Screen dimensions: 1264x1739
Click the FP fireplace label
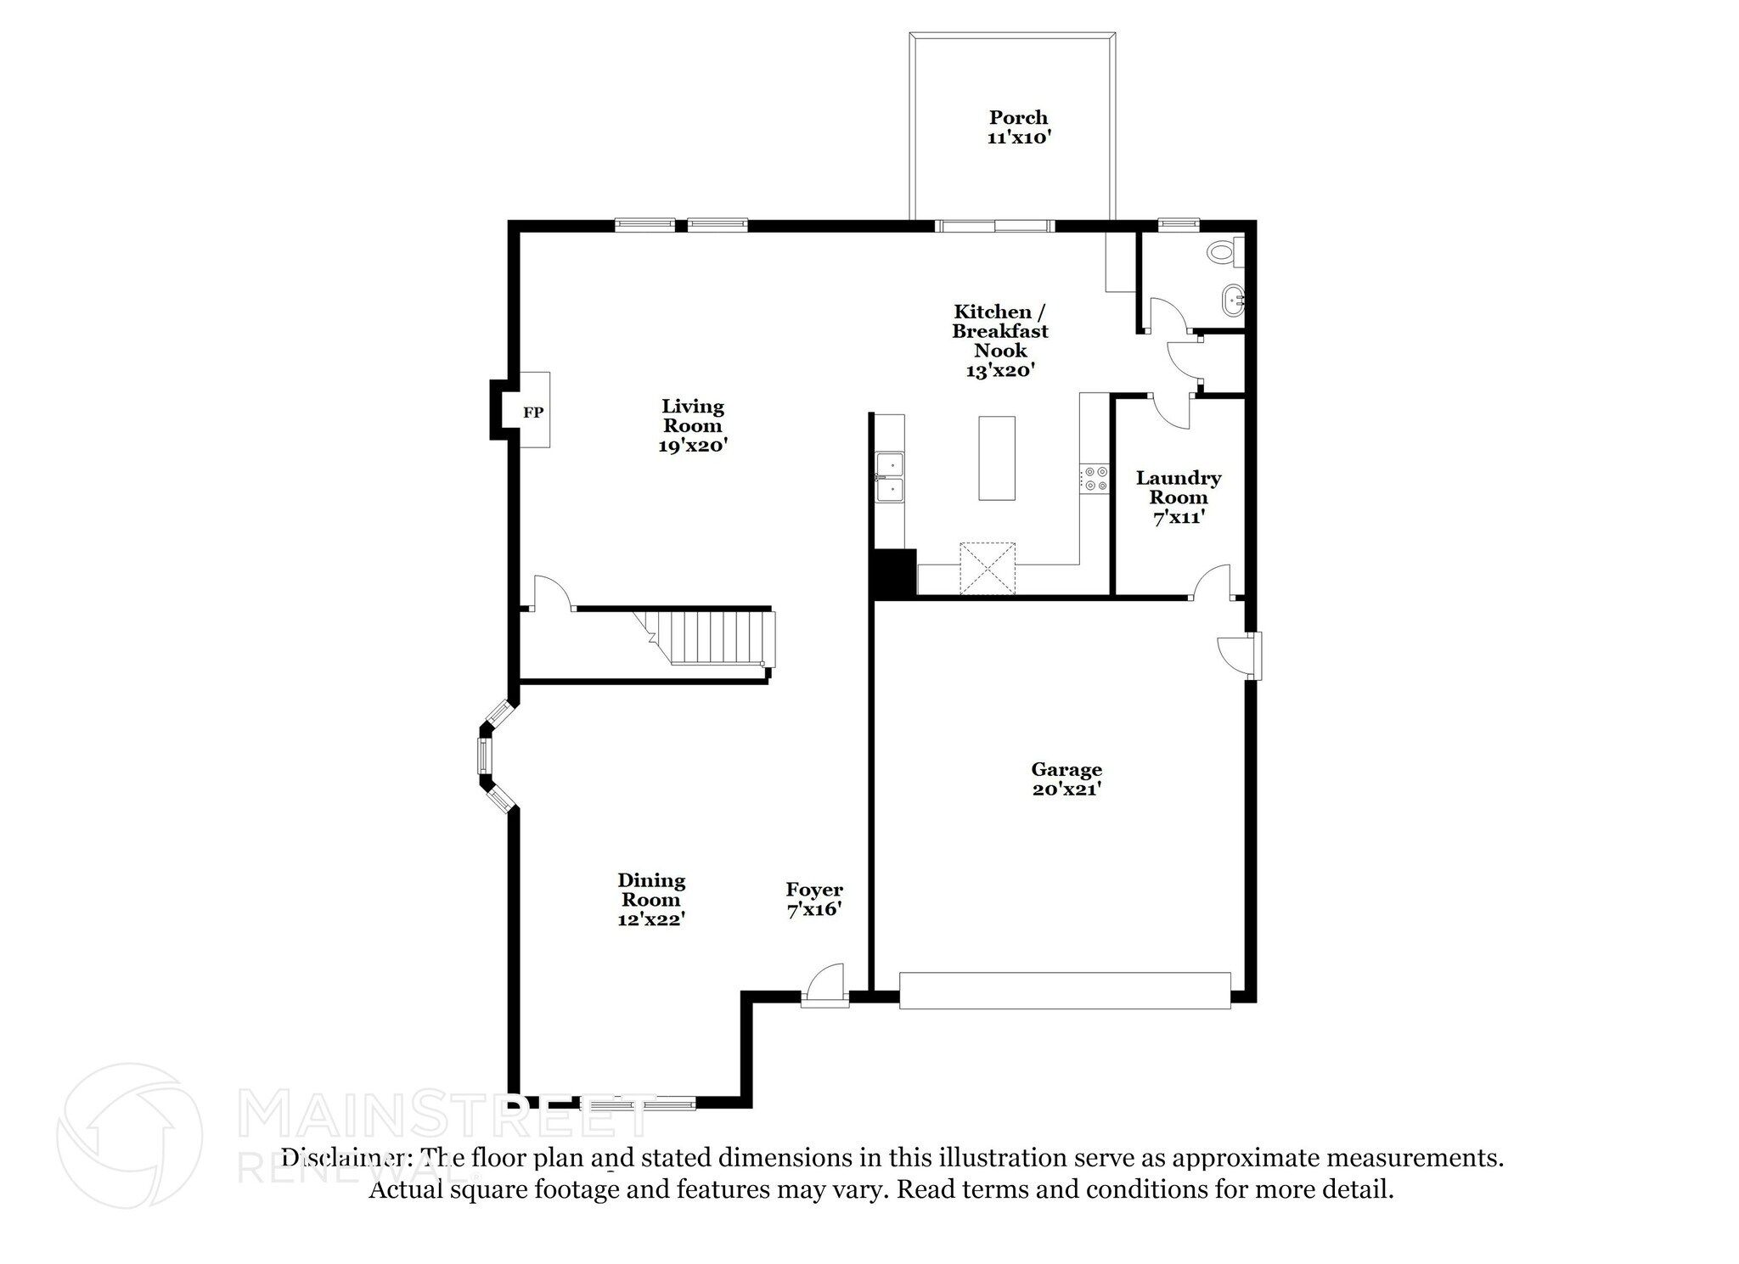[x=532, y=413]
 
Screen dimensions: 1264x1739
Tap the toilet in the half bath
[x=1224, y=251]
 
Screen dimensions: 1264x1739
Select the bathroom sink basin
[x=1231, y=299]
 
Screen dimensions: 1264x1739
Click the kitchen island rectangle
[x=997, y=458]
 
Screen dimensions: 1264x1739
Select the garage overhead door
[x=1065, y=991]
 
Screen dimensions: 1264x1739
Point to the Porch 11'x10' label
[x=1018, y=127]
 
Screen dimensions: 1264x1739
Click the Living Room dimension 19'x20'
[x=693, y=445]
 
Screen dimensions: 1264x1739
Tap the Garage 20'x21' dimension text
[x=1066, y=789]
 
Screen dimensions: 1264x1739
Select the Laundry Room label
[x=1178, y=487]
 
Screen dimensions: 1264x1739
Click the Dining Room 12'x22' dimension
[x=651, y=919]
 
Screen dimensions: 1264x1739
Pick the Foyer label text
[x=813, y=890]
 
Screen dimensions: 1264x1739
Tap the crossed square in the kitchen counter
[x=988, y=569]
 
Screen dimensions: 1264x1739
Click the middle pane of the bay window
[x=484, y=756]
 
